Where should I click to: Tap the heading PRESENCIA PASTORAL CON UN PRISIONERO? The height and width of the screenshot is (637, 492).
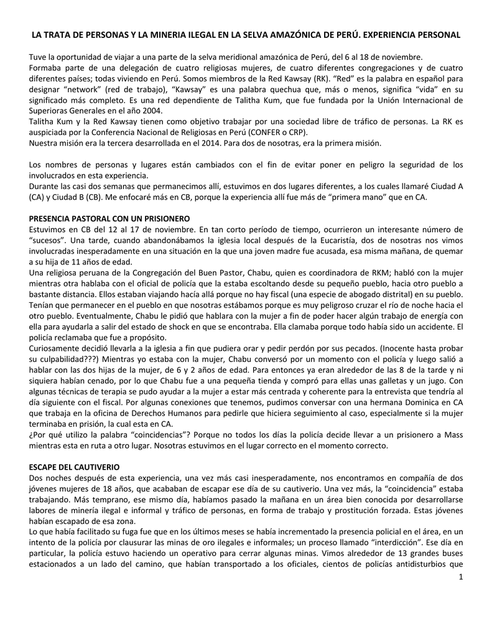[109, 219]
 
